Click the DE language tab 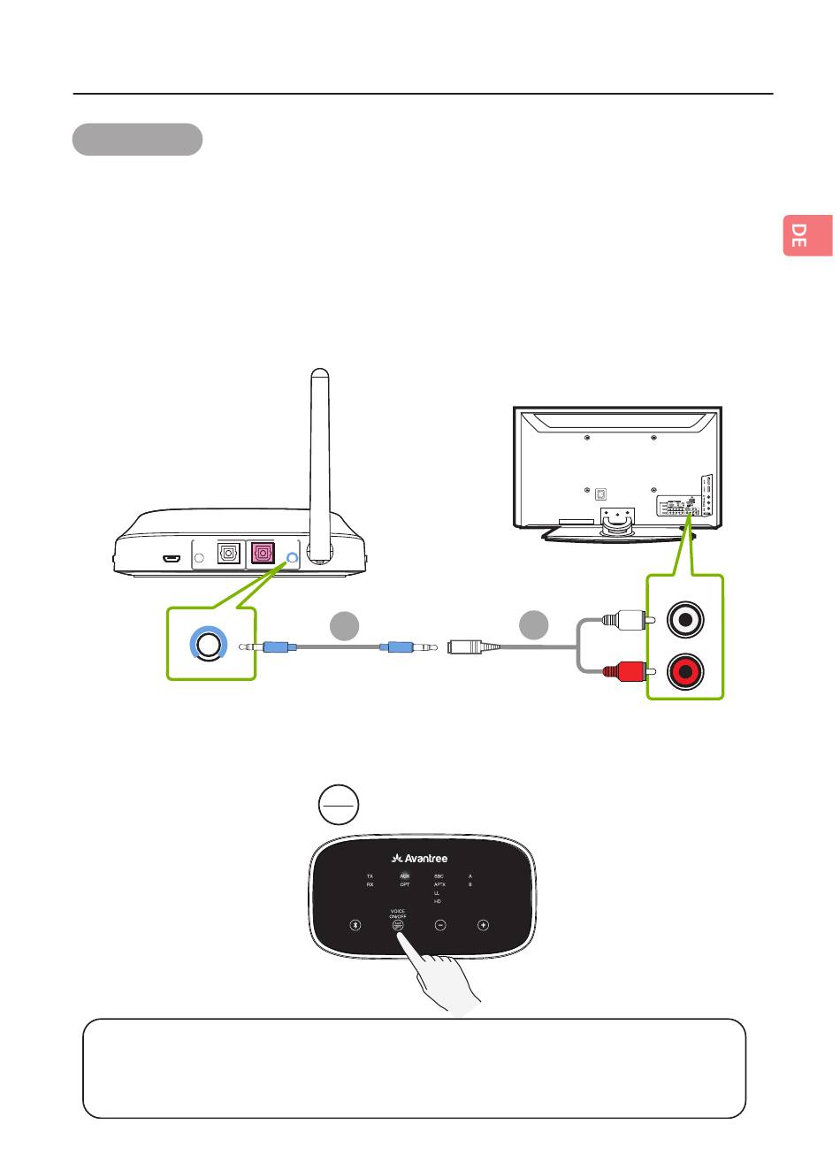pos(807,235)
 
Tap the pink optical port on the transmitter pos(263,554)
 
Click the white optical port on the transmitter pos(229,554)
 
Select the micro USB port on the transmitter pos(172,559)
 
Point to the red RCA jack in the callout pos(686,670)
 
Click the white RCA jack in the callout pos(686,620)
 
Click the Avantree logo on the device pos(419,857)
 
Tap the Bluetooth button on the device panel pos(355,925)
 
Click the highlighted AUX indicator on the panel pos(405,876)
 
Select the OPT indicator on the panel pos(405,884)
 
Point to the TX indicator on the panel pos(370,876)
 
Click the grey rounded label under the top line pos(137,140)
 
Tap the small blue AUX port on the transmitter pos(294,557)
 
